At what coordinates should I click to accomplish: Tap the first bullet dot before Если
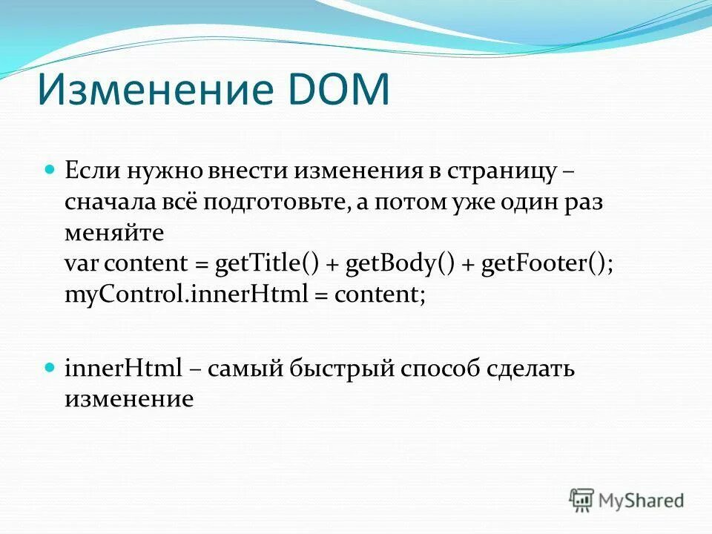pyautogui.click(x=51, y=170)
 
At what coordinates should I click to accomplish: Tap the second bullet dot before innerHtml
pyautogui.click(x=51, y=367)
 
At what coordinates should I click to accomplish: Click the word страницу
pyautogui.click(x=501, y=171)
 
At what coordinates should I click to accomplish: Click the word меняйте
pyautogui.click(x=114, y=233)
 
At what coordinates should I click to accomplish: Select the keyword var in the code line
pyautogui.click(x=82, y=264)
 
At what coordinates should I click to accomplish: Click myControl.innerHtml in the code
pyautogui.click(x=186, y=294)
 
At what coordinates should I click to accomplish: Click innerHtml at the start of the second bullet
pyautogui.click(x=123, y=369)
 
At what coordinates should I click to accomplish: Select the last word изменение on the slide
pyautogui.click(x=129, y=399)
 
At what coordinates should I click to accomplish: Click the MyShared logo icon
pyautogui.click(x=581, y=499)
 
